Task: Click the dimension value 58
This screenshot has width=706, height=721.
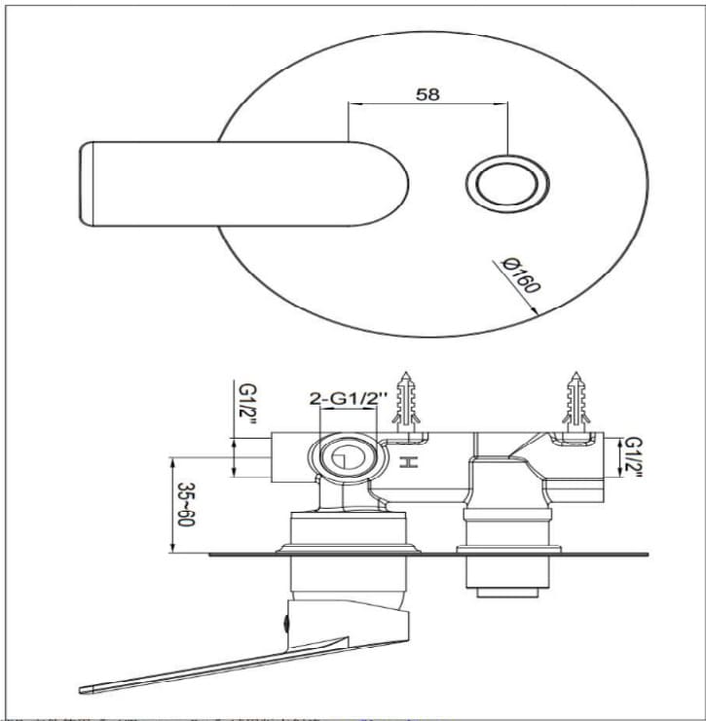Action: click(427, 94)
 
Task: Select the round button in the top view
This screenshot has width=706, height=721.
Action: click(507, 182)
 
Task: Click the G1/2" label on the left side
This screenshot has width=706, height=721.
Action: click(247, 406)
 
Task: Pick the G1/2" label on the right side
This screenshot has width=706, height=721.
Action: click(633, 457)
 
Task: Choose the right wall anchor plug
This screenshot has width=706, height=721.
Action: click(576, 400)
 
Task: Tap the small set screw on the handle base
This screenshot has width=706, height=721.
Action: click(285, 620)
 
